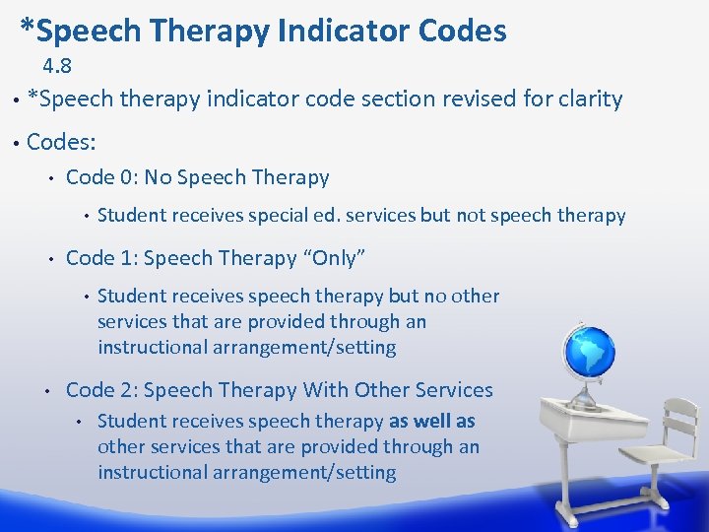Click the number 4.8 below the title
[56, 68]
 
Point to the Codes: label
[61, 142]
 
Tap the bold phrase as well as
[432, 422]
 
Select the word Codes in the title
[463, 32]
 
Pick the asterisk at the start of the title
[28, 28]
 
